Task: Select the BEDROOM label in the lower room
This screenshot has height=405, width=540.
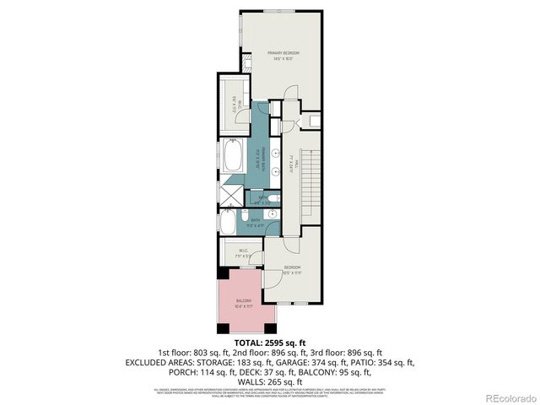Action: pos(292,268)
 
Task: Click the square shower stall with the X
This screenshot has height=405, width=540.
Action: pos(230,195)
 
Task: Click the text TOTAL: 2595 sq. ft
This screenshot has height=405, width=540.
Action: pos(269,343)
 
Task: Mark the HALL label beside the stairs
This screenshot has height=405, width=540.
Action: pos(289,157)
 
